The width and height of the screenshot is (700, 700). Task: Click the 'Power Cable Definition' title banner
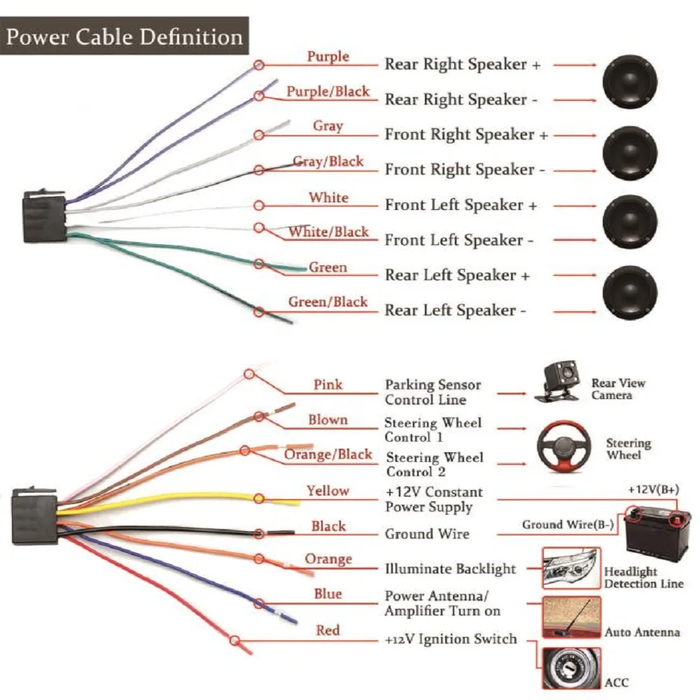coord(125,36)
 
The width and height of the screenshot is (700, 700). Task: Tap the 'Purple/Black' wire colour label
coord(328,92)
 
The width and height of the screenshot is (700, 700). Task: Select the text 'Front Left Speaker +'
coord(461,205)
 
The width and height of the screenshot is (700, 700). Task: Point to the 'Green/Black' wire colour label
coord(328,302)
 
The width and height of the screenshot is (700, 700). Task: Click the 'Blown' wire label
coord(328,420)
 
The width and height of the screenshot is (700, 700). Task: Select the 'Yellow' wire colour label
coord(328,491)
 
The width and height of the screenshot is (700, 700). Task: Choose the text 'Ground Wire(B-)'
coord(568,524)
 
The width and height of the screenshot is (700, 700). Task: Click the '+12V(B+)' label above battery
coord(652,489)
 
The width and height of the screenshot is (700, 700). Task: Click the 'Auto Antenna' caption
coord(642,632)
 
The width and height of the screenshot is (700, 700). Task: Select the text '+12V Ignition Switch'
coord(451,639)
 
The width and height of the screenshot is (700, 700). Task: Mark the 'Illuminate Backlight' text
coord(450,568)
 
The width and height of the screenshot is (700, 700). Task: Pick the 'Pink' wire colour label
coord(328,384)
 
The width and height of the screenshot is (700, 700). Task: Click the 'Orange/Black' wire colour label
coord(328,455)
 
